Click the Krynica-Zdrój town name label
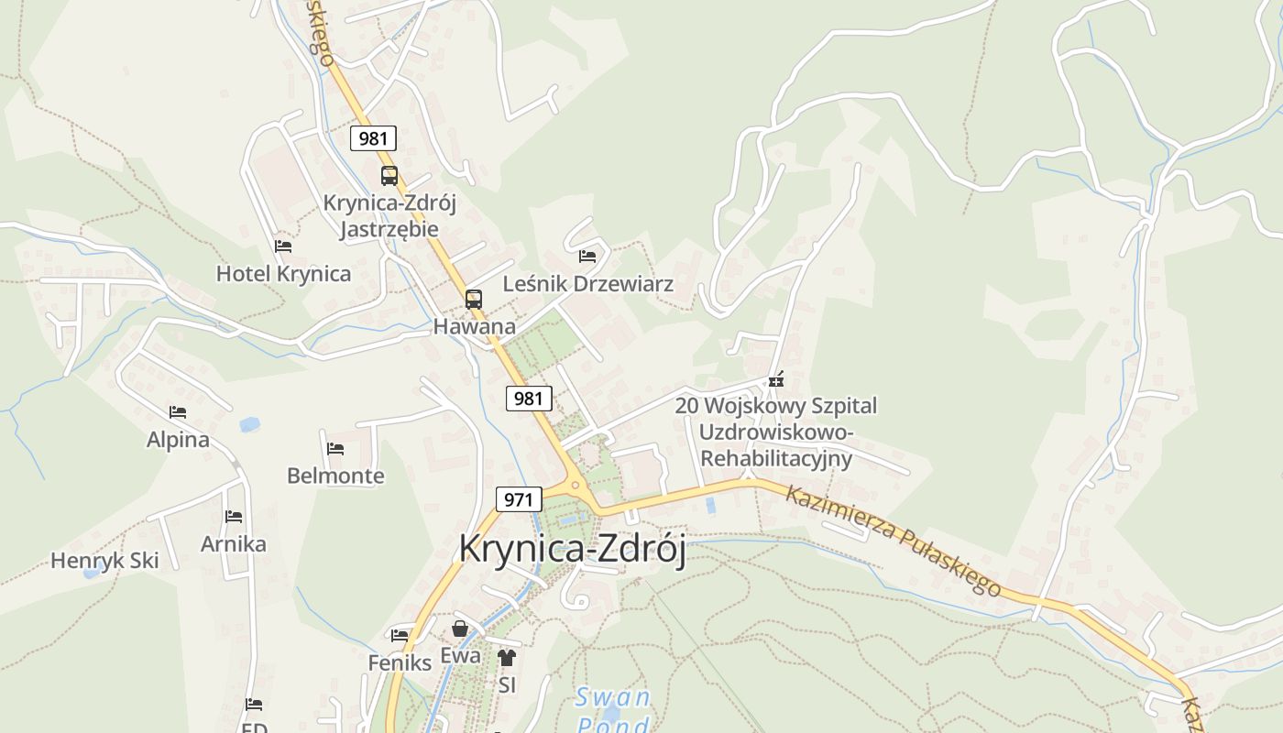pyautogui.click(x=572, y=549)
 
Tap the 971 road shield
pyautogui.click(x=518, y=499)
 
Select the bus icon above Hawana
pyautogui.click(x=473, y=300)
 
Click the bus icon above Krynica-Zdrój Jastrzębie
pyautogui.click(x=389, y=176)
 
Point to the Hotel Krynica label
pyautogui.click(x=283, y=273)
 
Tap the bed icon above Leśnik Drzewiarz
pyautogui.click(x=587, y=257)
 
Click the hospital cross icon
pyautogui.click(x=777, y=379)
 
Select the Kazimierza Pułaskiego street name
pyautogui.click(x=894, y=540)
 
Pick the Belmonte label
pyautogui.click(x=335, y=476)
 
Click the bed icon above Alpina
pyautogui.click(x=178, y=413)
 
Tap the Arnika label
pyautogui.click(x=234, y=544)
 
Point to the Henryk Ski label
pyautogui.click(x=104, y=561)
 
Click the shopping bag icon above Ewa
pyautogui.click(x=460, y=629)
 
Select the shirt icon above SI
pyautogui.click(x=507, y=658)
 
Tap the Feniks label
pyautogui.click(x=400, y=662)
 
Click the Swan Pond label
pyautogui.click(x=612, y=711)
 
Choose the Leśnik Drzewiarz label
pyautogui.click(x=588, y=284)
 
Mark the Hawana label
pyautogui.click(x=474, y=326)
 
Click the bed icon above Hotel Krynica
pyautogui.click(x=283, y=246)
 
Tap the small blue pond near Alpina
pyautogui.click(x=249, y=424)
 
